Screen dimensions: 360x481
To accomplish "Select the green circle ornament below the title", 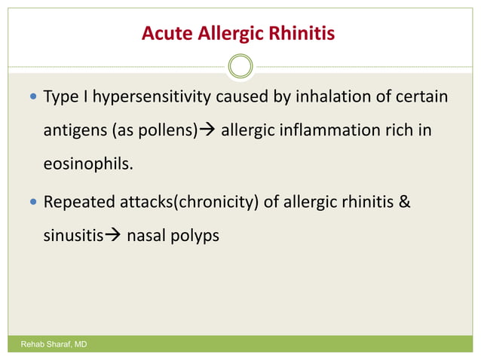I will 240,66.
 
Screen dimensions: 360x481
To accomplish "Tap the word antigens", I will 74,130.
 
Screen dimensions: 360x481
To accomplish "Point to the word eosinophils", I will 87,163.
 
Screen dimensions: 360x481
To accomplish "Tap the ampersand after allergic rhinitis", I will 405,203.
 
